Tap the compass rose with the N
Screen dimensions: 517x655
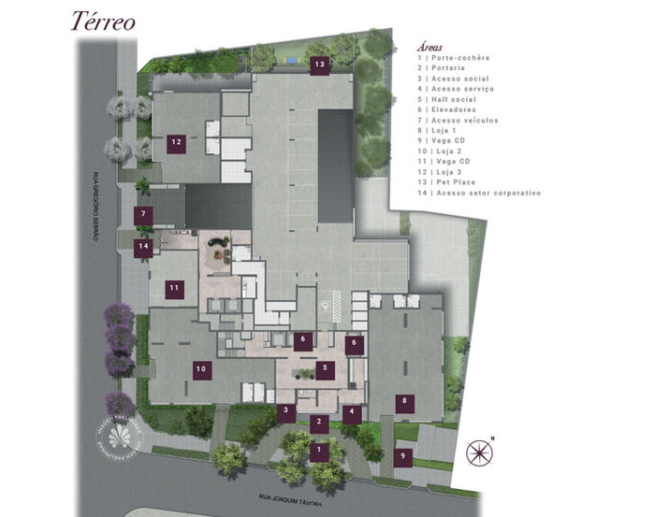[x=480, y=452]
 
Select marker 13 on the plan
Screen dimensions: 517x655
[x=320, y=65]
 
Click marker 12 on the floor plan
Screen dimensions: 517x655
[x=176, y=143]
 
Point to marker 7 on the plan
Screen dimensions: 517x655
[x=144, y=215]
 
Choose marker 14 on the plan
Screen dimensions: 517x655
[x=143, y=248]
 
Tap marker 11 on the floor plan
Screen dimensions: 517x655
[x=174, y=290]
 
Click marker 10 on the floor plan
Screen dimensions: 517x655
[x=200, y=369]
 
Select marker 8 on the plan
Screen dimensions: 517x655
[x=404, y=403]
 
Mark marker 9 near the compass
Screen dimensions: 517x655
[x=403, y=457]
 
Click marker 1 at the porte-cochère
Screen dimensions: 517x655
[x=319, y=452]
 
